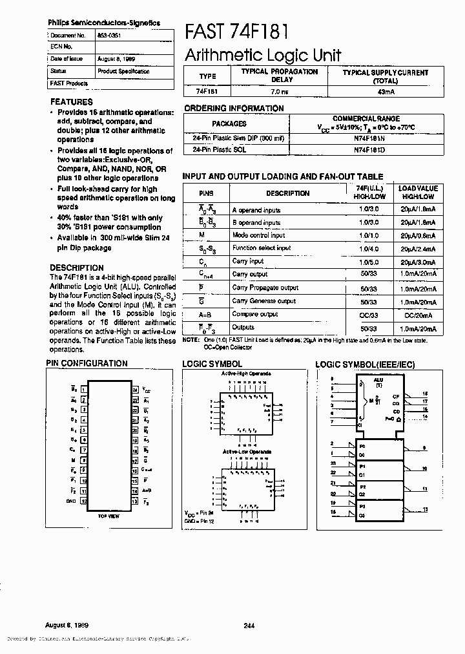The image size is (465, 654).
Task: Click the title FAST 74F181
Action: [236, 30]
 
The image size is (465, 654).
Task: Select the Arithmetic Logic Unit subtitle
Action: [263, 55]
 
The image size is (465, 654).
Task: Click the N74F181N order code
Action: [369, 138]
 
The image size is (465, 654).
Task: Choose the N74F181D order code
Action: [369, 149]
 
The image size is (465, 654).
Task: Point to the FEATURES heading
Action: [71, 102]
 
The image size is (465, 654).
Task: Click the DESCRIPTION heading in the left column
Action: [76, 268]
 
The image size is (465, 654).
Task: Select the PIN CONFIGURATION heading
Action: [87, 363]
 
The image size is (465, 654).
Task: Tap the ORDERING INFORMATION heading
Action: [234, 109]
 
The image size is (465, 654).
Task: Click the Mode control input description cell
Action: [258, 235]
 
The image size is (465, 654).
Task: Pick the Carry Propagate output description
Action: [265, 288]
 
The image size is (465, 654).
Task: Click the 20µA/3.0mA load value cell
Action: [418, 262]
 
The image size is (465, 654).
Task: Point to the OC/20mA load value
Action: [418, 314]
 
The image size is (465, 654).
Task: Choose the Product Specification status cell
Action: [123, 71]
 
